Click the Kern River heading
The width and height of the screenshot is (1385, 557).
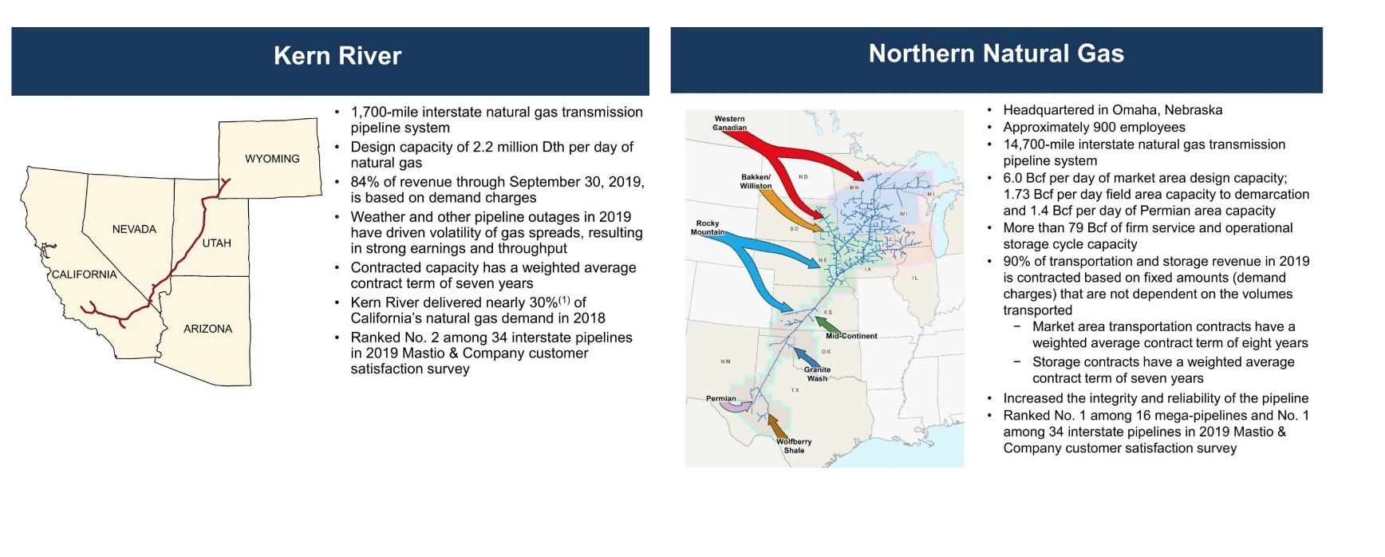337,56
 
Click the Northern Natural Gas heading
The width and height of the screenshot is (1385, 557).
996,53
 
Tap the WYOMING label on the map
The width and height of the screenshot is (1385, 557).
272,159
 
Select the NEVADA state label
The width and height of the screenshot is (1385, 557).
134,229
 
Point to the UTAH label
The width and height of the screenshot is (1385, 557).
216,243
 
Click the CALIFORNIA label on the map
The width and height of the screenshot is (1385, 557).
84,275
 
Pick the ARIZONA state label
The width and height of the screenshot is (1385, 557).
207,329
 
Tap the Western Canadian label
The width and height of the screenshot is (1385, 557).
730,123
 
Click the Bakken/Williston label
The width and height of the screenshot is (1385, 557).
756,181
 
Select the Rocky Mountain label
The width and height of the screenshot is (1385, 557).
708,227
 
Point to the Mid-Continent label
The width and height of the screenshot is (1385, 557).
851,336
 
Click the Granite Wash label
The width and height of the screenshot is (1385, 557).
817,373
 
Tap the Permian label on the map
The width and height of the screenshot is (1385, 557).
720,398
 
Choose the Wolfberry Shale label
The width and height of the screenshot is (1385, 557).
794,445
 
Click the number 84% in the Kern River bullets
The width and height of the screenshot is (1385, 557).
365,182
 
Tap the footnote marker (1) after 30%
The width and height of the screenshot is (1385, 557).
564,300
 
